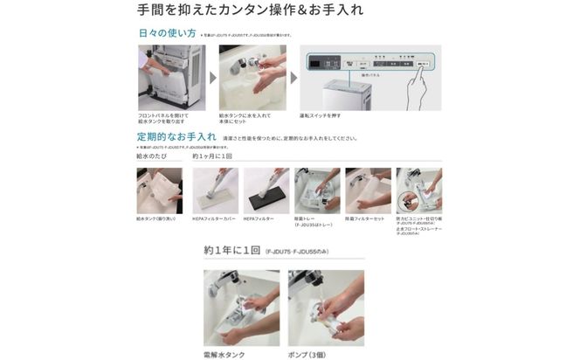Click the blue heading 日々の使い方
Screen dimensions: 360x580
(167, 34)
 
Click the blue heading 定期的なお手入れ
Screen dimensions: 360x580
(176, 137)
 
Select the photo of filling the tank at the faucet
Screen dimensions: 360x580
(252, 78)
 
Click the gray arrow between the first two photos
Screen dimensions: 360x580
(212, 78)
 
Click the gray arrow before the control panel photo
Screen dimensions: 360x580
(293, 78)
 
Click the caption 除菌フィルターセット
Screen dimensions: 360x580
(365, 218)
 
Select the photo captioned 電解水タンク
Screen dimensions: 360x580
(241, 308)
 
